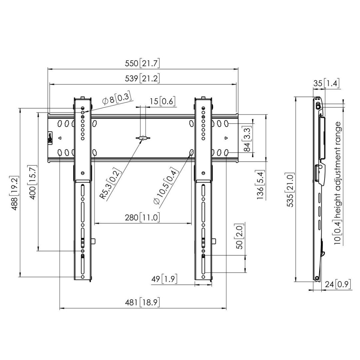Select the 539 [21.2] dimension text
tap(143, 78)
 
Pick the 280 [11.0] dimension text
tap(142, 218)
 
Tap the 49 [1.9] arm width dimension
tap(164, 279)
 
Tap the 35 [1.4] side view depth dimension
tap(326, 83)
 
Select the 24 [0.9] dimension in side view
tap(338, 285)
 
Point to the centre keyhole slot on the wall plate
tap(143, 138)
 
